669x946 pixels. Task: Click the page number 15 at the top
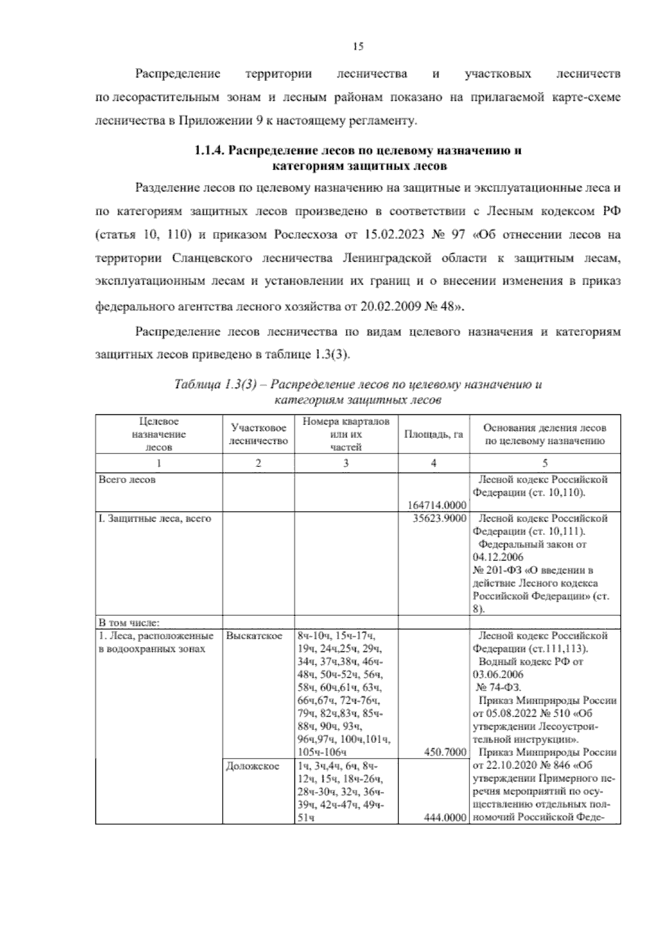(x=358, y=47)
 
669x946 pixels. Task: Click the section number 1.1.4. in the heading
(x=210, y=151)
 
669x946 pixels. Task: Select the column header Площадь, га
(x=433, y=434)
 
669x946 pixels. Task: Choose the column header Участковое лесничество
(x=258, y=434)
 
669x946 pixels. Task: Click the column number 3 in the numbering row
(x=346, y=463)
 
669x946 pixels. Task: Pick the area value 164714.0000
(x=437, y=505)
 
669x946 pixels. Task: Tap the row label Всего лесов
(x=127, y=480)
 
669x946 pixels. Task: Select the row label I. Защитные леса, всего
(x=154, y=518)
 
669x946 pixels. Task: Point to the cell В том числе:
(x=129, y=622)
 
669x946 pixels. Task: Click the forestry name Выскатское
(x=254, y=636)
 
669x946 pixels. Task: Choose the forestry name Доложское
(x=253, y=766)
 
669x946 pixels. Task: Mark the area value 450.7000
(x=445, y=752)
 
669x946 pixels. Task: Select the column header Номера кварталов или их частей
(x=346, y=434)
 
